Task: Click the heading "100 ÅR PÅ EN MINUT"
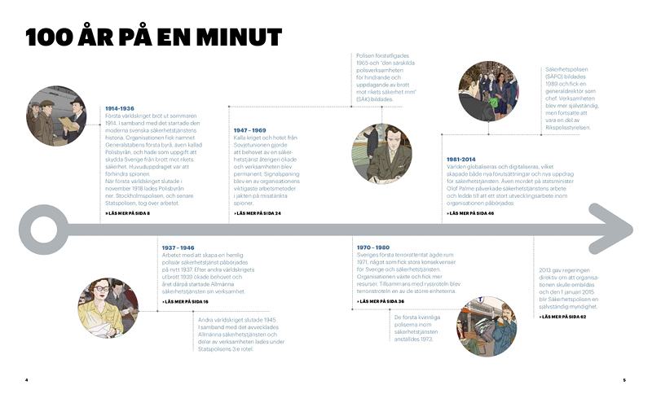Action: click(153, 37)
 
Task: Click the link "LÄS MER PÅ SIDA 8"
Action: click(128, 213)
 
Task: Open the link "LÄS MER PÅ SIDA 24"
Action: click(259, 213)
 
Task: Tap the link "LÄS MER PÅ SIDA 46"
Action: click(471, 213)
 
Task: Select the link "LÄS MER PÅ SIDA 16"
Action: click(185, 301)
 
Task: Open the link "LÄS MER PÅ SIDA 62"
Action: click(563, 316)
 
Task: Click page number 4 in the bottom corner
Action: click(27, 380)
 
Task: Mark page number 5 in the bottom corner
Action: click(624, 380)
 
